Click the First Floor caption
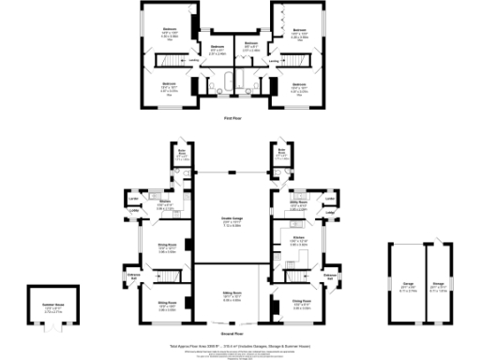[x=234, y=118]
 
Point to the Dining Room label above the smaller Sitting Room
[x=167, y=248]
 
